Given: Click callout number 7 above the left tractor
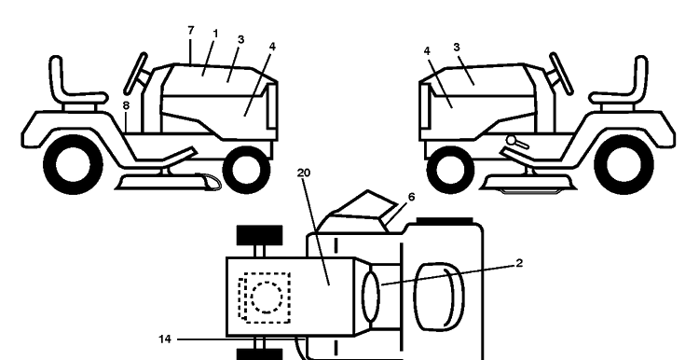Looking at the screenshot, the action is click(191, 31).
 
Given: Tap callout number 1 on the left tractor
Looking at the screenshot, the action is click(216, 34).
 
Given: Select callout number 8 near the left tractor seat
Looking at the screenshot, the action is click(126, 105).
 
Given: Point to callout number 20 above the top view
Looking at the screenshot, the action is click(304, 173).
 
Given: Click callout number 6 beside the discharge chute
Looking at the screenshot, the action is click(411, 197).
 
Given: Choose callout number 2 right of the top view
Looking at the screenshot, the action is click(519, 263).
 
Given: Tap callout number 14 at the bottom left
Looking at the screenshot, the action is click(164, 339).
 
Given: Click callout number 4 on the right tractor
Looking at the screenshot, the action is click(427, 51).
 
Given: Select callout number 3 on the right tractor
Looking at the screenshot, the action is click(457, 47).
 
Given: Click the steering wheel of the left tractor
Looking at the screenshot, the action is click(135, 74).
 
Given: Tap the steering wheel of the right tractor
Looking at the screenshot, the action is click(561, 74).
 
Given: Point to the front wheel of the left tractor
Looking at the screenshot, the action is click(246, 170).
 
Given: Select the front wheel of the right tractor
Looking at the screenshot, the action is click(450, 170).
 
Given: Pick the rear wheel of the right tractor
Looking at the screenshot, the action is click(624, 164).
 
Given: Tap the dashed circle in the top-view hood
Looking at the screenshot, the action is click(267, 298).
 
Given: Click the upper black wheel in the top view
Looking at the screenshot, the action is click(259, 235).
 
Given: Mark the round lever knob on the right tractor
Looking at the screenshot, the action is click(511, 140).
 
